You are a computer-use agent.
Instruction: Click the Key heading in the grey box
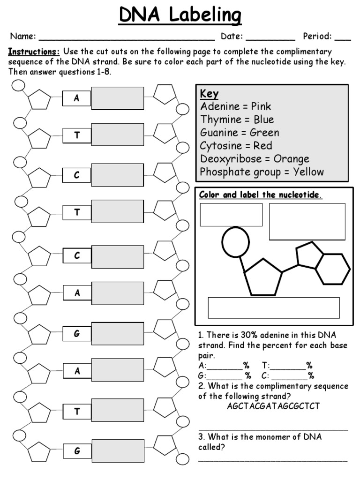tap(210, 93)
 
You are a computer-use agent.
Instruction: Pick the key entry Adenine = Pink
tap(236, 106)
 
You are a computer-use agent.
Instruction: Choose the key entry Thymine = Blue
tap(237, 120)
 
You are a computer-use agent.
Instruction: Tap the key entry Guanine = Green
tap(240, 133)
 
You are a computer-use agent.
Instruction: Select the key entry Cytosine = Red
tap(236, 146)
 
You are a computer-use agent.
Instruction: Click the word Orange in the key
tap(292, 159)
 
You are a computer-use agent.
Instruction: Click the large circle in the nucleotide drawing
tap(235, 242)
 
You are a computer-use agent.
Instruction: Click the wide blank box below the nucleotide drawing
tap(274, 307)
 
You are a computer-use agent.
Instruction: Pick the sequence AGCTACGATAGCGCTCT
tap(273, 406)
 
